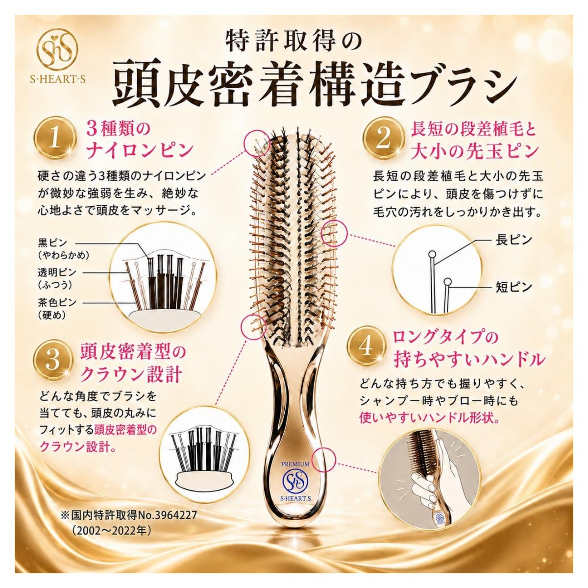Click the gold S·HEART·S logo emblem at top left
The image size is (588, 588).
tap(57, 50)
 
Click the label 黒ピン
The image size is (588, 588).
tap(52, 242)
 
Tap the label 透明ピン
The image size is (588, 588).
tap(57, 272)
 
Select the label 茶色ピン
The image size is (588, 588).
tap(57, 302)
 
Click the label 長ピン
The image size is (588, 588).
tap(514, 240)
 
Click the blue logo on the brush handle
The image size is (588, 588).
tap(295, 481)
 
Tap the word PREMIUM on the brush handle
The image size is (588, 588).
tap(295, 464)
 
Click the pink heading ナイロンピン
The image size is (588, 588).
tap(140, 149)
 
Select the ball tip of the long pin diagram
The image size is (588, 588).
tap(432, 254)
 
